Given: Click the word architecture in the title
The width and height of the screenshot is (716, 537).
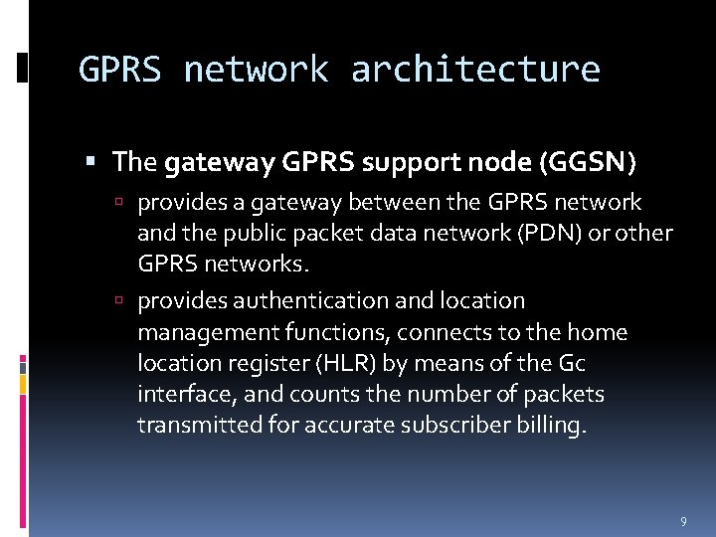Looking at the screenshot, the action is tap(475, 70).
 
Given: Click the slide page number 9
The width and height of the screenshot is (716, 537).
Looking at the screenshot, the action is tap(683, 521).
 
